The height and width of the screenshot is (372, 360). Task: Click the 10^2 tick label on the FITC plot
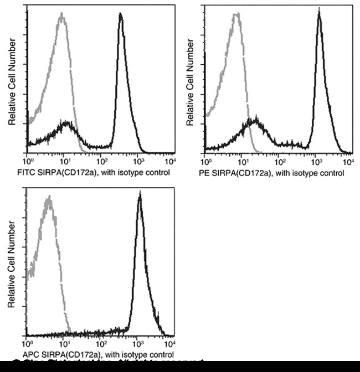[102, 161]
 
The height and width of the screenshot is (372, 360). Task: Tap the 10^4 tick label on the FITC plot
[173, 161]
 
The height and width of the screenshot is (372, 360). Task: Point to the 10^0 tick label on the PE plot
[206, 161]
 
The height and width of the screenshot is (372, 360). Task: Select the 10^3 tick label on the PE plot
[317, 161]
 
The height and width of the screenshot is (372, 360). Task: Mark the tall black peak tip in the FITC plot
[121, 14]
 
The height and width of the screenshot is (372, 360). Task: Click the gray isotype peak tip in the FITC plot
[62, 17]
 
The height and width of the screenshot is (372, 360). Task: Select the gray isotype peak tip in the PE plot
[237, 14]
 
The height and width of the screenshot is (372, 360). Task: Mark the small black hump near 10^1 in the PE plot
[255, 121]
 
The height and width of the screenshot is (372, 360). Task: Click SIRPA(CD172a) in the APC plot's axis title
[68, 354]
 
